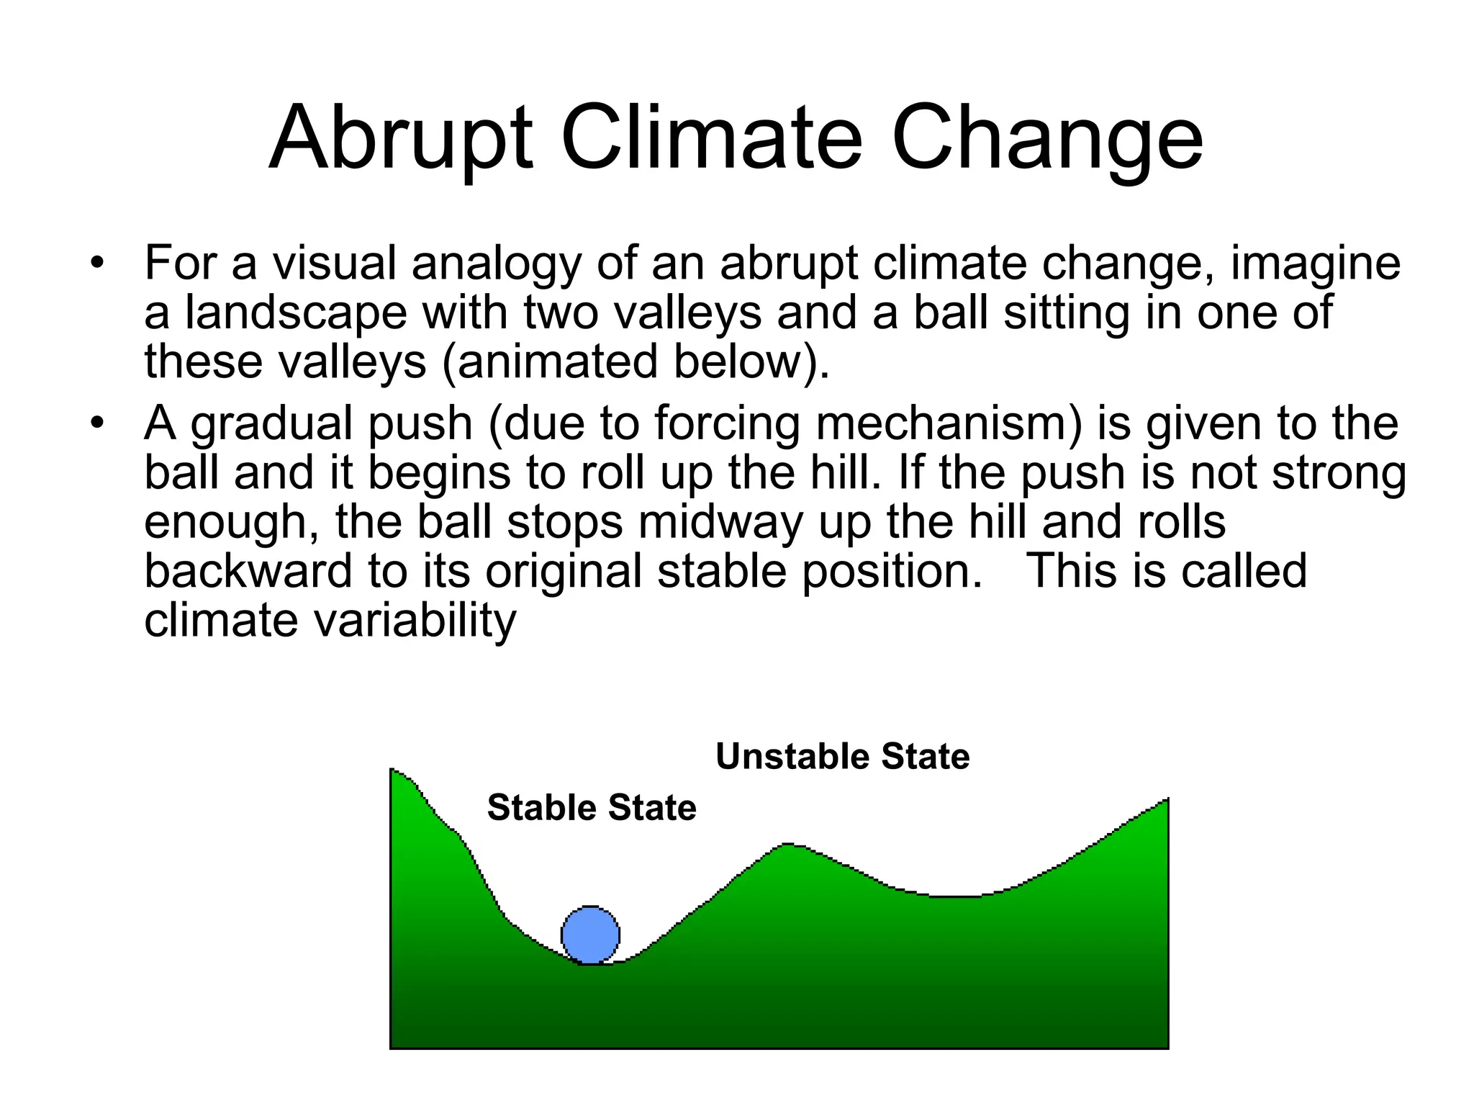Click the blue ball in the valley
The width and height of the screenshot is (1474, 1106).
coord(590,935)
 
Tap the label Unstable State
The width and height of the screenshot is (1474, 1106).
coord(842,757)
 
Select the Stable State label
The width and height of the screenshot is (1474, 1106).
coord(592,808)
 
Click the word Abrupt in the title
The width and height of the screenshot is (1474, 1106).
coord(401,138)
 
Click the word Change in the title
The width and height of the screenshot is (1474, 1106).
coord(1047,138)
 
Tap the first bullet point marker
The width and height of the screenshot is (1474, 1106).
coord(97,263)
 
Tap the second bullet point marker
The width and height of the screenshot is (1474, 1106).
coord(97,423)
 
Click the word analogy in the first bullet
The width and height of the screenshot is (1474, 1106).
coord(496,264)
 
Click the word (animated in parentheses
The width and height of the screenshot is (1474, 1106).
coord(550,361)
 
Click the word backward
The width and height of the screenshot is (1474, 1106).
coord(248,571)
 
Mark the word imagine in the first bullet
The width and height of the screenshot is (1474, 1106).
coord(1316,264)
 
